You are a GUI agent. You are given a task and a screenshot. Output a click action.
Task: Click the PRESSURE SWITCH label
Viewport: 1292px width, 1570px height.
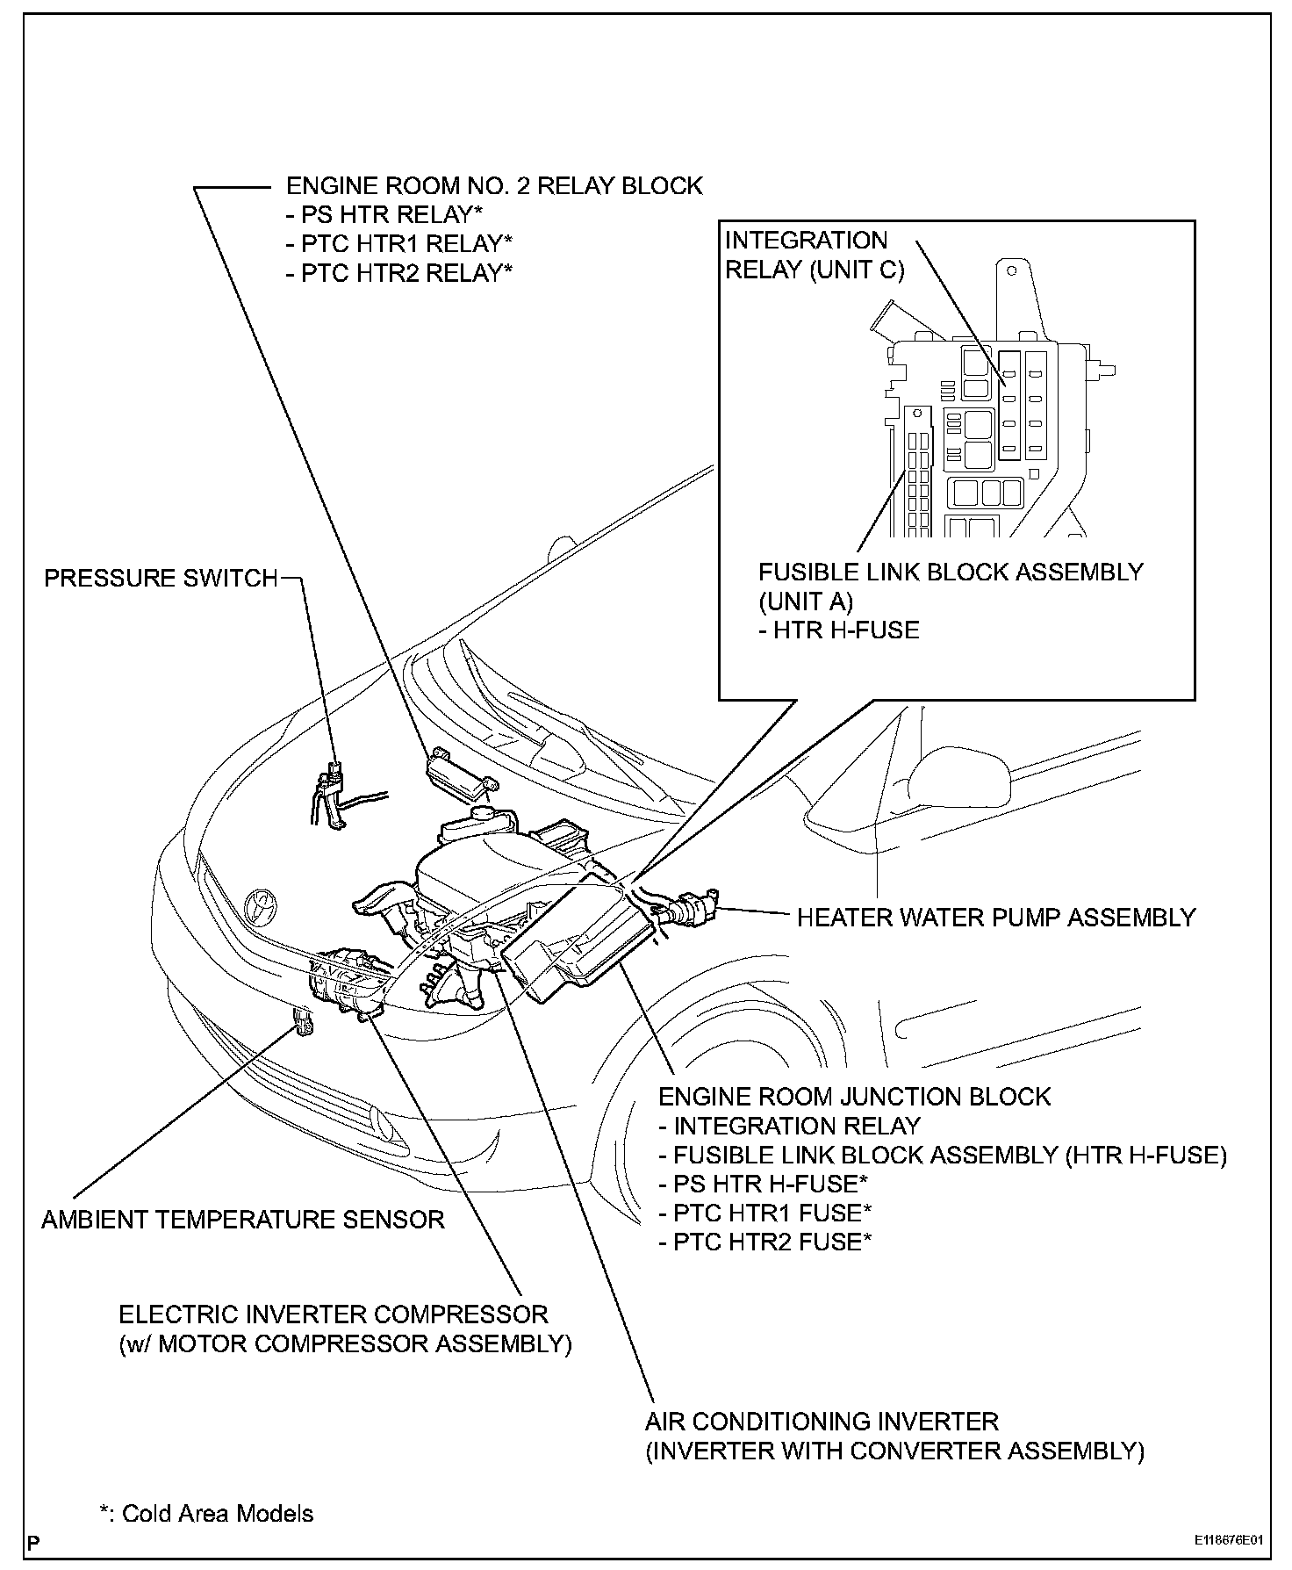pos(161,578)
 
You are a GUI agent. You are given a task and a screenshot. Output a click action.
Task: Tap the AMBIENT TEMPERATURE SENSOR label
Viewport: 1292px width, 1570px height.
pos(243,1219)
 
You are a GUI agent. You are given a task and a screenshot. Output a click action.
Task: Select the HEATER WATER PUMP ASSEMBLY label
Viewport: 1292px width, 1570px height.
pos(995,917)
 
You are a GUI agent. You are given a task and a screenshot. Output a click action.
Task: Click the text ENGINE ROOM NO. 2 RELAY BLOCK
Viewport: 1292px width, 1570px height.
pos(494,186)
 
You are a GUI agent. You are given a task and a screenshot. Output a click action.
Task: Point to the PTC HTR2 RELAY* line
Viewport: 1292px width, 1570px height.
pos(399,272)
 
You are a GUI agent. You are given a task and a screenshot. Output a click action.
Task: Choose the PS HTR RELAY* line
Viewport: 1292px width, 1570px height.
pos(384,214)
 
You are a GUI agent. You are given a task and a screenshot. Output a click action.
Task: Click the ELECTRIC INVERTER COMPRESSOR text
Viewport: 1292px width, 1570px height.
pos(334,1314)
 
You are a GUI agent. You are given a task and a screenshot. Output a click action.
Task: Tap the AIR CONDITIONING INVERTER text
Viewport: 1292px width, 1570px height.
pos(822,1421)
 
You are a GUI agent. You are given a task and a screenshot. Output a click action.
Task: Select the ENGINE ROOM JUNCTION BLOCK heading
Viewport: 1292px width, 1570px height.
pos(854,1096)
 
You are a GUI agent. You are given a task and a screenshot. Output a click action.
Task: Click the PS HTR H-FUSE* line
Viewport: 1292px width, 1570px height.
pos(764,1183)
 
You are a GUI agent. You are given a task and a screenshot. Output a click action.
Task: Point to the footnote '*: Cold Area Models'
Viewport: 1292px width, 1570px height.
pos(206,1513)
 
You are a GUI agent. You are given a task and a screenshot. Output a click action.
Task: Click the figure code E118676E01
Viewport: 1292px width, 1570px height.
pos(1228,1540)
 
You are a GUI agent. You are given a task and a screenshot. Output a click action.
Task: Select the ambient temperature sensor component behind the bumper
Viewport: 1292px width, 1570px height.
pos(305,1022)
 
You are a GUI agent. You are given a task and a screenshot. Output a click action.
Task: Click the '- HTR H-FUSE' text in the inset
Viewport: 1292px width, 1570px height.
pos(838,630)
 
